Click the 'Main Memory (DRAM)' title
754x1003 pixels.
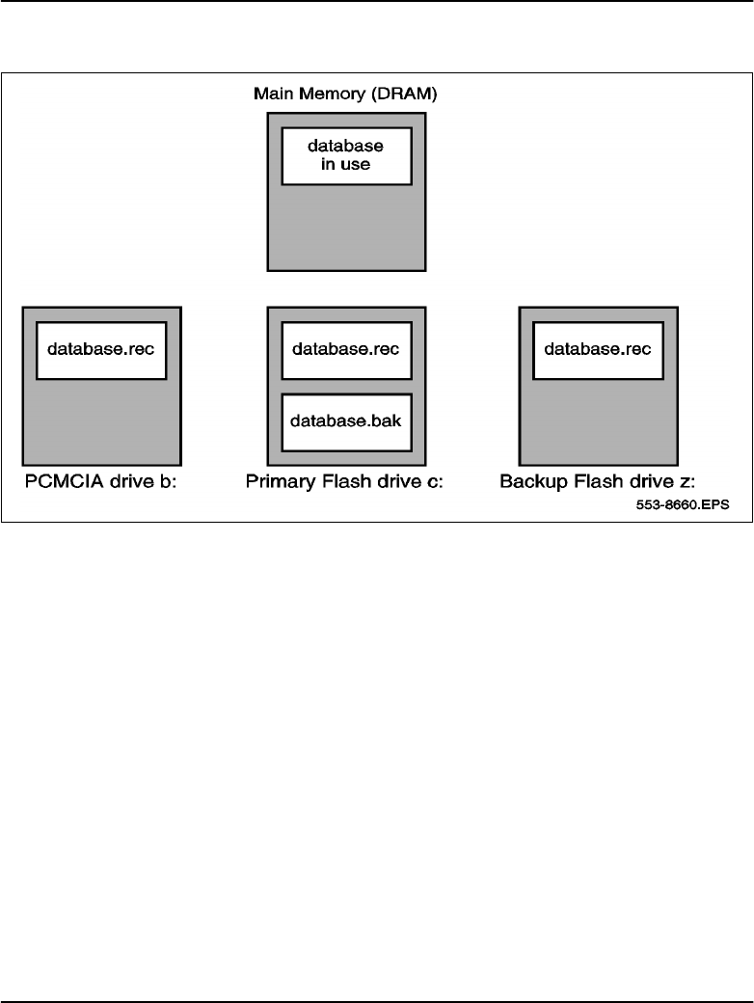coord(346,95)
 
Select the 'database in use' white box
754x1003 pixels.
coord(346,155)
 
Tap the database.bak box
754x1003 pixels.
coord(346,421)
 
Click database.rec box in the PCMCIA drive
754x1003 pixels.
coord(101,349)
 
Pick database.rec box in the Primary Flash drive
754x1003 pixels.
coord(346,349)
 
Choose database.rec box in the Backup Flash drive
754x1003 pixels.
coord(599,349)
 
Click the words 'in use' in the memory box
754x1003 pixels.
coord(346,165)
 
